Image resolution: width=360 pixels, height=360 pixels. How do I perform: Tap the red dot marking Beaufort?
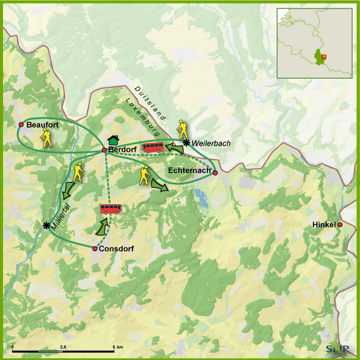[x=21, y=125]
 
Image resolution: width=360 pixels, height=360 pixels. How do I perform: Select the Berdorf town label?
[x=122, y=150]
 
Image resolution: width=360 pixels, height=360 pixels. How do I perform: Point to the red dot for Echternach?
[x=215, y=172]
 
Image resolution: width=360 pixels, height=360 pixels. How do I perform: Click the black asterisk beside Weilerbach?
[x=186, y=143]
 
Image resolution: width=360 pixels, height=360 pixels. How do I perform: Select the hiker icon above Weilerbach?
[x=182, y=129]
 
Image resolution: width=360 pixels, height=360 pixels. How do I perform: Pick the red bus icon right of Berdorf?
[x=152, y=147]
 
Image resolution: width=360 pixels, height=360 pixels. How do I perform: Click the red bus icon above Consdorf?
[x=111, y=209]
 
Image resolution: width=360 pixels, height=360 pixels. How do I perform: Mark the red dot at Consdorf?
[x=95, y=249]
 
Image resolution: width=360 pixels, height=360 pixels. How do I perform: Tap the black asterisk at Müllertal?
[x=47, y=225]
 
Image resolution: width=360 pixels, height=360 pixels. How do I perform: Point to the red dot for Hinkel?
[x=340, y=225]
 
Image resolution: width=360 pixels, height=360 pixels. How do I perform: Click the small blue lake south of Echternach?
[x=200, y=195]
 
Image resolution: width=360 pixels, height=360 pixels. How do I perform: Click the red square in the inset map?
[x=324, y=57]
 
